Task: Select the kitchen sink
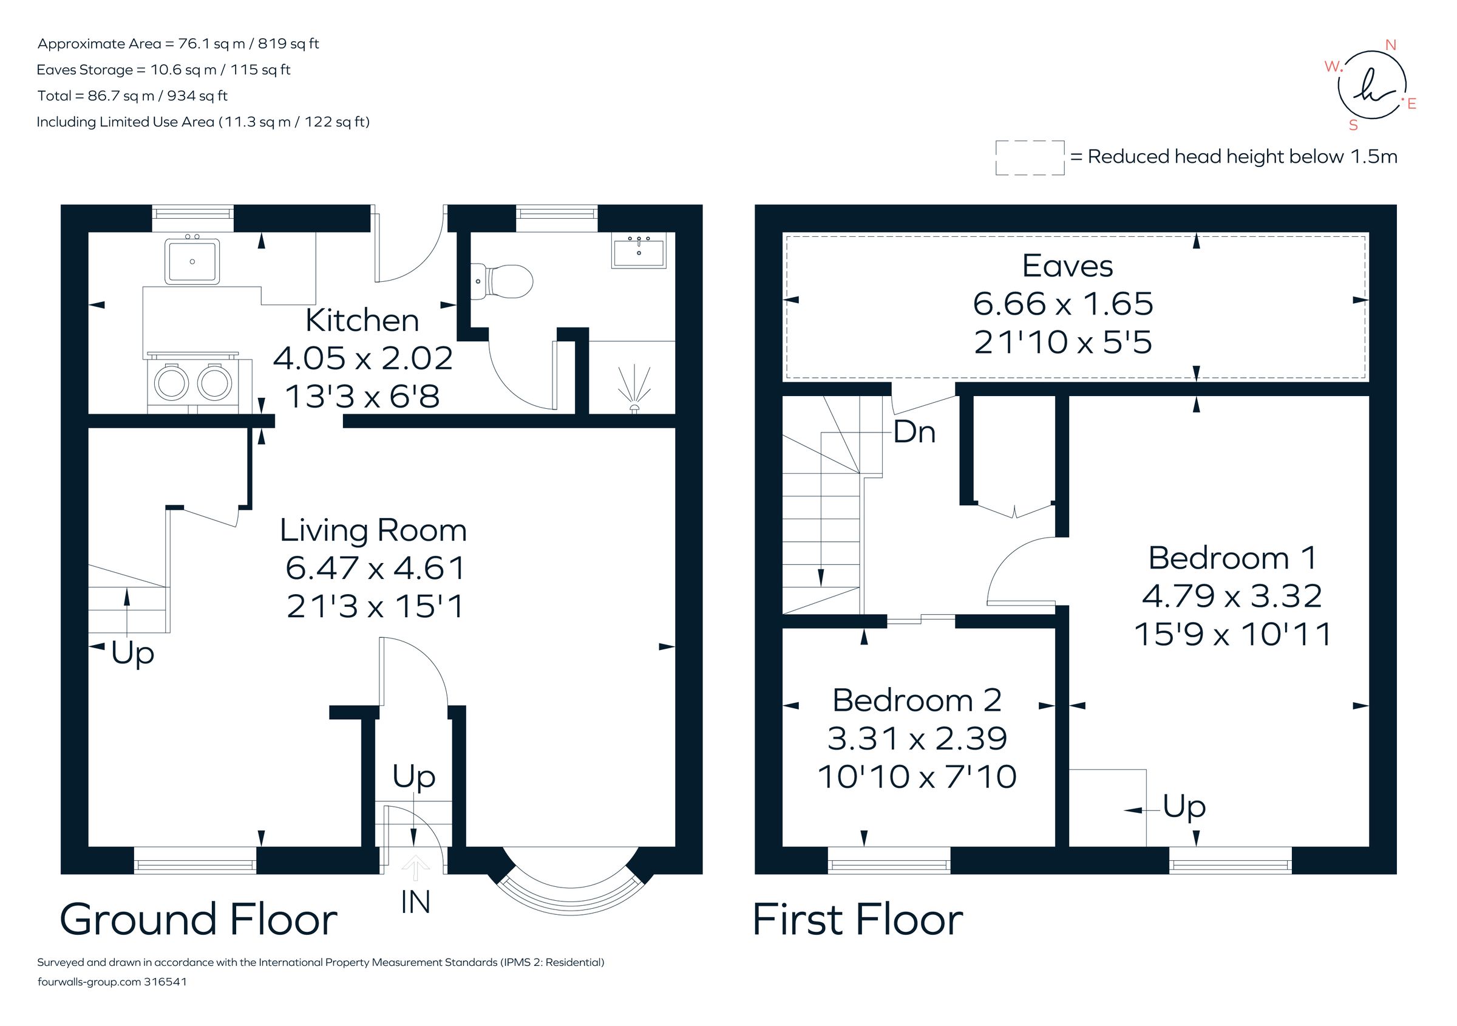[x=192, y=261]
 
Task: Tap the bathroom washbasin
[x=639, y=250]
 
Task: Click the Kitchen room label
[x=362, y=321]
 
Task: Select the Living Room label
[x=373, y=530]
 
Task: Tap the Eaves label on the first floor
[x=1067, y=266]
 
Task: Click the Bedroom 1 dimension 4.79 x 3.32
[x=1232, y=595]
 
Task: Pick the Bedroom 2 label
[x=917, y=700]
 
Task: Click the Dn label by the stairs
[x=914, y=433]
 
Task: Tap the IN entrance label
[x=416, y=902]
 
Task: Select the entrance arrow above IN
[x=416, y=868]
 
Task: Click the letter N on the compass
[x=1390, y=45]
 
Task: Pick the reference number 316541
[x=166, y=982]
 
